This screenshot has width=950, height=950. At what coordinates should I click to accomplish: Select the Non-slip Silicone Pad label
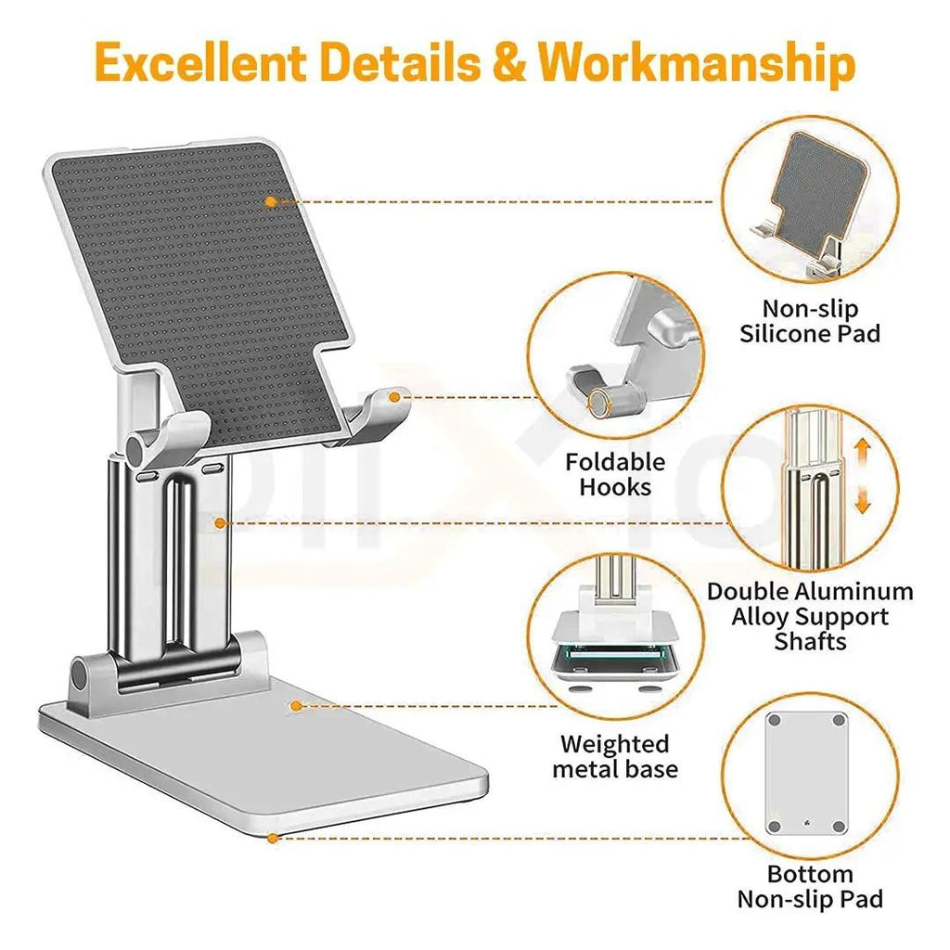tap(810, 321)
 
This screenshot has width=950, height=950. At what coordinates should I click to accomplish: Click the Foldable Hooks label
tap(615, 474)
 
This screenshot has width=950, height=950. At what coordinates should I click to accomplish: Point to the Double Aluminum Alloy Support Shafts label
tap(810, 616)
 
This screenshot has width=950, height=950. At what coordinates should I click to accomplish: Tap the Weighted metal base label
tap(615, 756)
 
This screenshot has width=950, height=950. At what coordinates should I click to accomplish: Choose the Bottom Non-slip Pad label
tap(810, 886)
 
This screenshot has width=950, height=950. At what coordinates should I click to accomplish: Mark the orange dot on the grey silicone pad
tap(270, 200)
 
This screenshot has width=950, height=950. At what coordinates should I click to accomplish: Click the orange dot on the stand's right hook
tap(394, 397)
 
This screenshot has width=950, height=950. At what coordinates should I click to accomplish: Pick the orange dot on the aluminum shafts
tap(220, 523)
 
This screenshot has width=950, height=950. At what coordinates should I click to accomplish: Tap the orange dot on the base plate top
tap(296, 706)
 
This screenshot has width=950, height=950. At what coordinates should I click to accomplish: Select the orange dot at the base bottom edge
tap(272, 838)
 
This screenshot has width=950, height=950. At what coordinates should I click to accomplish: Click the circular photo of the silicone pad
tap(810, 202)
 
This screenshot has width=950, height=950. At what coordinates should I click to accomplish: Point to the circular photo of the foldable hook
tap(615, 357)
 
